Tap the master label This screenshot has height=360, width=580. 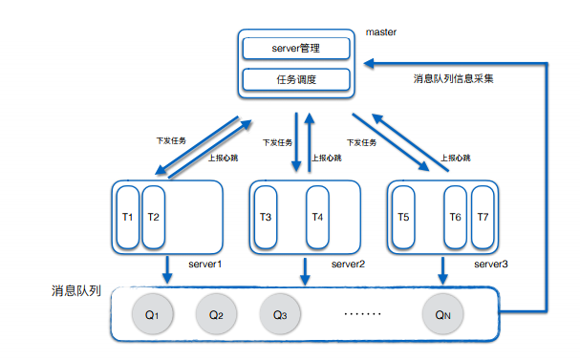coord(380,32)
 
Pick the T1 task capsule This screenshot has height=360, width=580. coord(127,217)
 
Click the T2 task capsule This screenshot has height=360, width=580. coord(154,217)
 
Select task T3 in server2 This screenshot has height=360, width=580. coord(266,217)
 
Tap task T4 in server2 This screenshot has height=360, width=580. coord(318,217)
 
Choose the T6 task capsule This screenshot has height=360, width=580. coord(456,217)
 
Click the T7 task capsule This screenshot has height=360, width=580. coord(483,217)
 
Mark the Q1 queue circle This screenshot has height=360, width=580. coord(151,314)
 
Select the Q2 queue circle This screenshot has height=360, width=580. coord(216,314)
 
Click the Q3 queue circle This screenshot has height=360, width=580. coord(280,314)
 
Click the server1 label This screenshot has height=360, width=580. coord(204,264)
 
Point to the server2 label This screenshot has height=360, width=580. coord(349,264)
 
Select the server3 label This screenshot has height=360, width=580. coord(490,264)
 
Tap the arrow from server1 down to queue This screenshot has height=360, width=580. coord(167,269)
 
